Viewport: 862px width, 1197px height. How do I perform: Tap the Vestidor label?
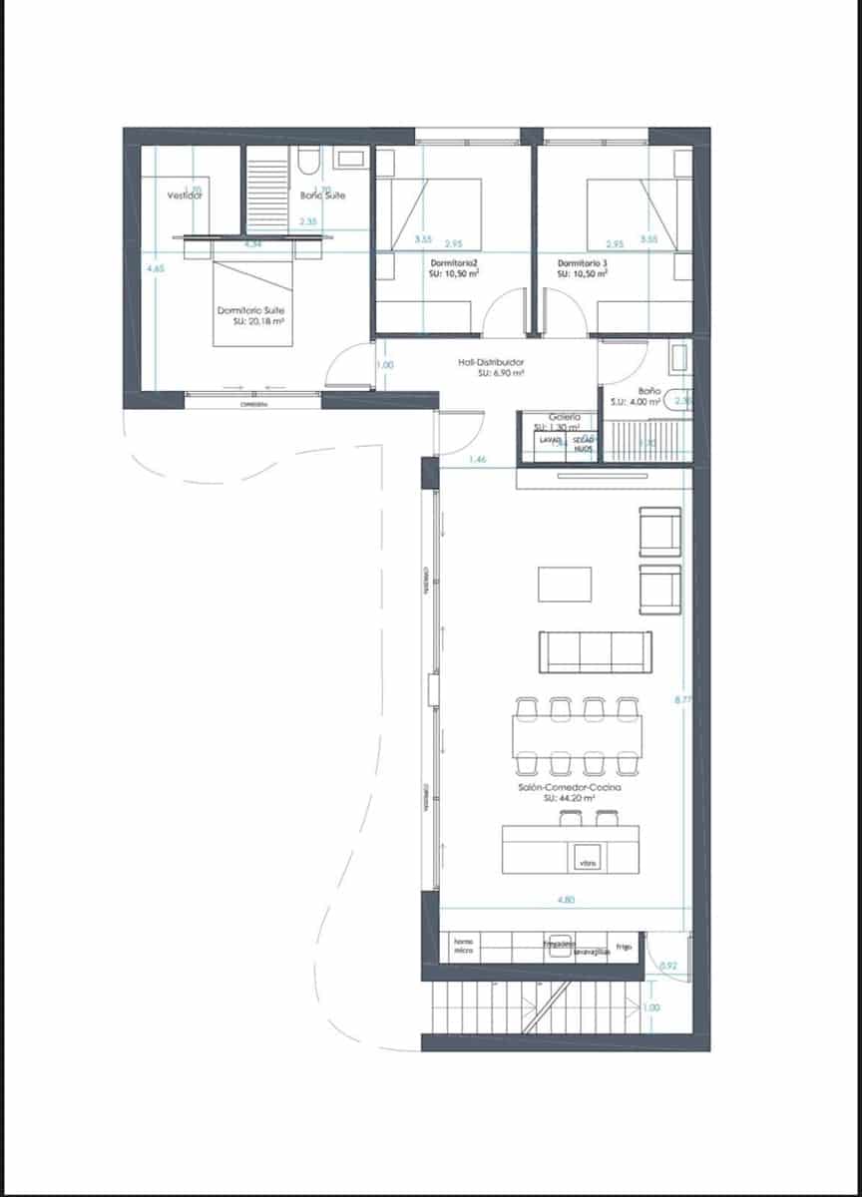(186, 196)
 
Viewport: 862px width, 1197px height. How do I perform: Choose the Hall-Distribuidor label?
(491, 363)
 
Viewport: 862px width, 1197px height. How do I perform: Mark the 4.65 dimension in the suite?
(155, 268)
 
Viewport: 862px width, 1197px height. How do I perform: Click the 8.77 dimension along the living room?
(682, 700)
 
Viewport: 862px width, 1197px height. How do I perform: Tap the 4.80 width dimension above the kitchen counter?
(566, 900)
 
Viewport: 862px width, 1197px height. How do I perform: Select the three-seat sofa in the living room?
(595, 652)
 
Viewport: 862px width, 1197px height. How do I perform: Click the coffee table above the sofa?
(565, 584)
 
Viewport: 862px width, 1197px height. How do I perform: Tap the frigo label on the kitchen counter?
(624, 946)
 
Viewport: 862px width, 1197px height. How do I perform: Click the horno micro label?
(463, 947)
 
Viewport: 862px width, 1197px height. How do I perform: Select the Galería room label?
(565, 417)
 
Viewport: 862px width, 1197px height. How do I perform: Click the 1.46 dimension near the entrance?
(478, 460)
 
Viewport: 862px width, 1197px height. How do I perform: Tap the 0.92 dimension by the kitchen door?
(668, 966)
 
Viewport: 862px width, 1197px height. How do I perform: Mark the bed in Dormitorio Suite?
(252, 298)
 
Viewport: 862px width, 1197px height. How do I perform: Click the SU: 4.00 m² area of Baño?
(635, 402)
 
